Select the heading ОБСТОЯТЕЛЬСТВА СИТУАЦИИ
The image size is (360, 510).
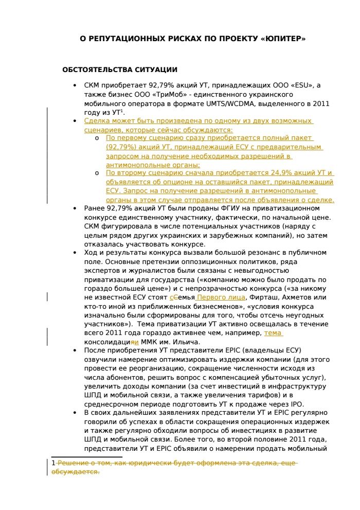pos(119,70)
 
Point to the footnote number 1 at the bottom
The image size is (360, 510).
pos(53,463)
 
